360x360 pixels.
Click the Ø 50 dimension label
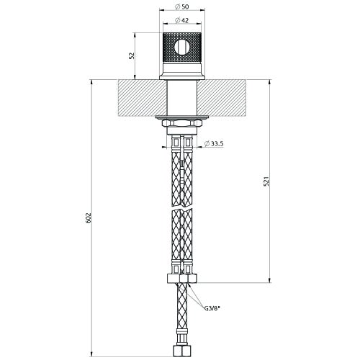click(182, 7)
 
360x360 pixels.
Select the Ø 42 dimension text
click(182, 20)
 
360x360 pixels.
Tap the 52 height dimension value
click(132, 55)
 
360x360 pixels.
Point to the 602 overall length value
click(89, 218)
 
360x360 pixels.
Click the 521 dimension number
click(266, 181)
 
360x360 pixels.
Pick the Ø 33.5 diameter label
click(214, 143)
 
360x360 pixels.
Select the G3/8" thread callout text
click(212, 308)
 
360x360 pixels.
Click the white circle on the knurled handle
click(182, 48)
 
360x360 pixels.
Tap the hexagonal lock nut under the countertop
click(182, 123)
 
